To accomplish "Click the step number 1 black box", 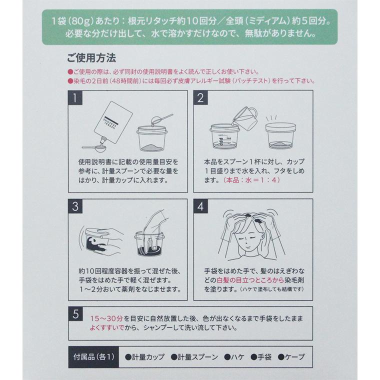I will point(74,98).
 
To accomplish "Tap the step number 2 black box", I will point(200,98).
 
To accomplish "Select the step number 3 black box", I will point(74,206).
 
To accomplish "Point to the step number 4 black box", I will point(200,206).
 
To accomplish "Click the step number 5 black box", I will point(74,314).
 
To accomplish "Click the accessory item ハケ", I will point(235,357).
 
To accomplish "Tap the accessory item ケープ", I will point(291,357).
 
